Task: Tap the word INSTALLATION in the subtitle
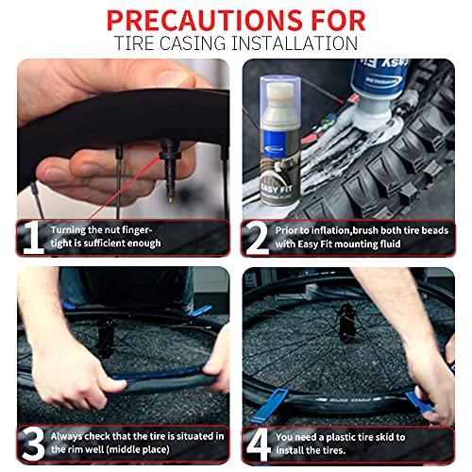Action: coord(295,43)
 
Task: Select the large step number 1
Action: coord(33,237)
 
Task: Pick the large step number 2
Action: coord(258,238)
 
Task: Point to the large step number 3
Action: coord(33,444)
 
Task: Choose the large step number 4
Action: coord(259,445)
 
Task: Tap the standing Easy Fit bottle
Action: coord(280,141)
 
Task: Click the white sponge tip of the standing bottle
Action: coord(280,93)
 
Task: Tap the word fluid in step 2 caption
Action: coord(390,244)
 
